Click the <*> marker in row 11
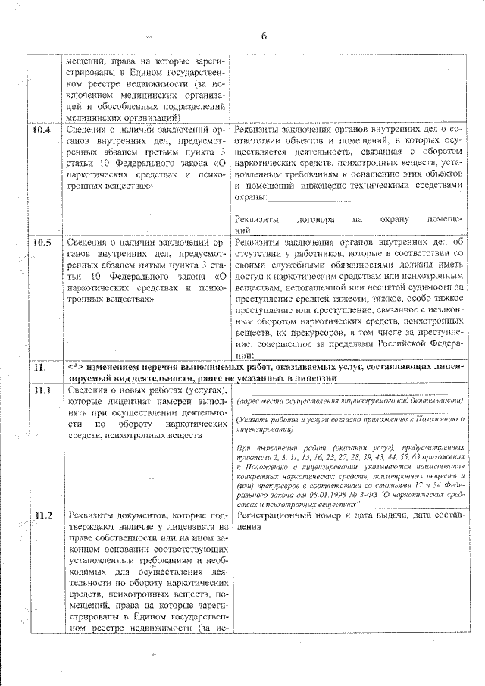(x=77, y=366)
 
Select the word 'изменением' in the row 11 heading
(x=116, y=366)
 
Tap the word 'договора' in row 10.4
(x=318, y=219)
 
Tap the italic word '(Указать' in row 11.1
(x=255, y=418)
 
